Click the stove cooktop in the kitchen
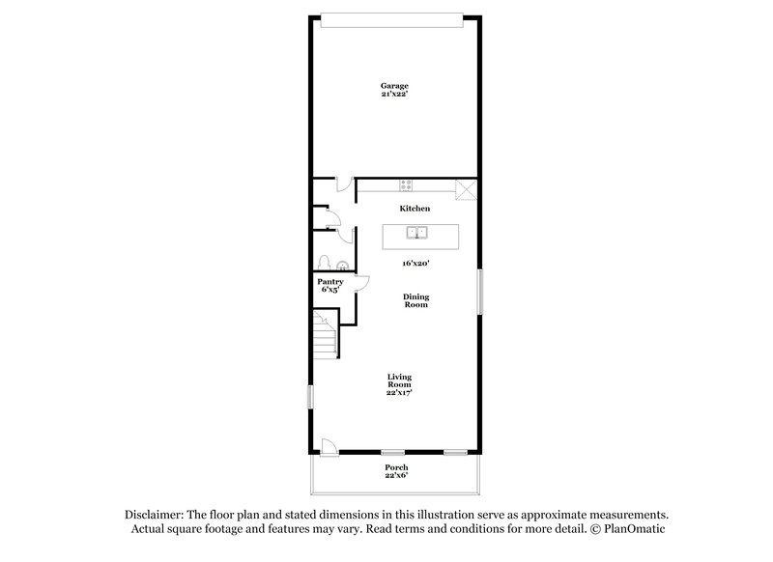(407, 183)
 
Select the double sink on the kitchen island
(417, 232)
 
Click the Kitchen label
(415, 209)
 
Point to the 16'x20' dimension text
(416, 263)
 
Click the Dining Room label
(415, 300)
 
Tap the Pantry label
(331, 281)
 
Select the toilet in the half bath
(326, 263)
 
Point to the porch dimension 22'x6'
(396, 475)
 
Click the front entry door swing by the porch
(329, 445)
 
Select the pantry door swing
(362, 282)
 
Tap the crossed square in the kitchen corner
(467, 188)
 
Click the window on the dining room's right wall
(478, 291)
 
